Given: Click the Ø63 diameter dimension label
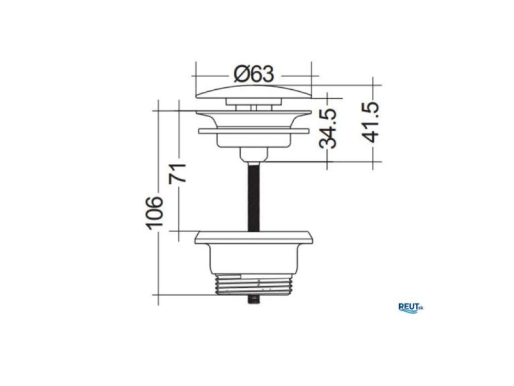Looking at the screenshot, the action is (x=253, y=75).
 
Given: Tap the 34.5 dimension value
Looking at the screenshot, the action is (x=328, y=128).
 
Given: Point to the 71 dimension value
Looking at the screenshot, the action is (x=177, y=173).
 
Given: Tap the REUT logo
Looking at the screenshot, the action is (x=411, y=308).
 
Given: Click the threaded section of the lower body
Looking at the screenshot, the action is (x=253, y=285).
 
